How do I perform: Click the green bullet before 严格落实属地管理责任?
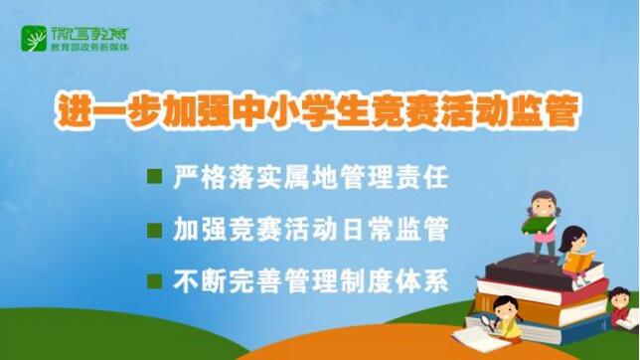(154, 177)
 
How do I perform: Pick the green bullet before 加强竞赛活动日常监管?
(154, 229)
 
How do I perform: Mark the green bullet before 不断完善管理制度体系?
(154, 280)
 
